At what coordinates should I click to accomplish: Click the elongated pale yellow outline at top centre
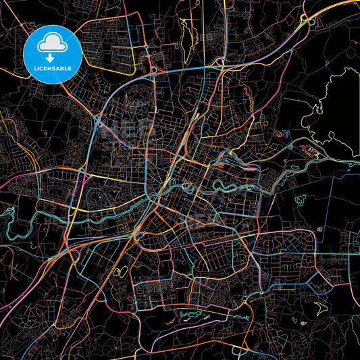coord(184,36)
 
